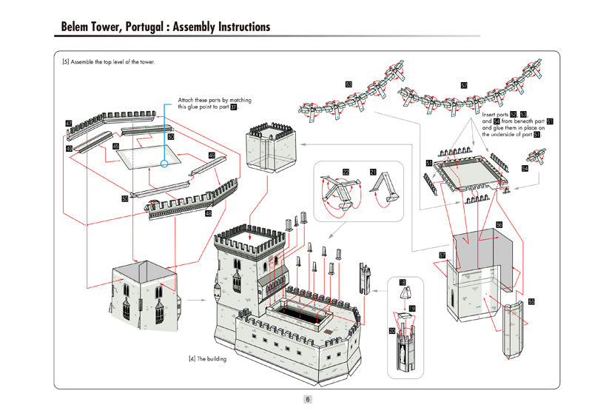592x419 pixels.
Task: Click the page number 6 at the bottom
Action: click(x=308, y=399)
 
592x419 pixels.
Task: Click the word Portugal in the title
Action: click(x=141, y=27)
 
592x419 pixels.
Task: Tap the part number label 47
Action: click(x=68, y=123)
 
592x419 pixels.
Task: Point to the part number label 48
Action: click(x=208, y=213)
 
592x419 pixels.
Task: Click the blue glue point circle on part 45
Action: click(x=165, y=161)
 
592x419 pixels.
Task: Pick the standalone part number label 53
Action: click(x=349, y=84)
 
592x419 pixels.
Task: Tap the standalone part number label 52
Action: click(x=464, y=85)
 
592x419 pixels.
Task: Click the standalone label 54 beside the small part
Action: click(x=525, y=169)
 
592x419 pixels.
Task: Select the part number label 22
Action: click(x=346, y=172)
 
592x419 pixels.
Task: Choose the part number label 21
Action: click(x=373, y=172)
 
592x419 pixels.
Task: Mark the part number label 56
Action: click(x=499, y=224)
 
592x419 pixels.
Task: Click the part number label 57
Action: click(x=442, y=255)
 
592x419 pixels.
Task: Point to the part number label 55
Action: click(x=531, y=301)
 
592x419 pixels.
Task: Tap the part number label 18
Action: click(x=403, y=282)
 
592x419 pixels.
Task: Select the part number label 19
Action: click(x=412, y=307)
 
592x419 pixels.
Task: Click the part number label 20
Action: click(x=391, y=332)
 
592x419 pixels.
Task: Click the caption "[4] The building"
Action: click(x=207, y=359)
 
